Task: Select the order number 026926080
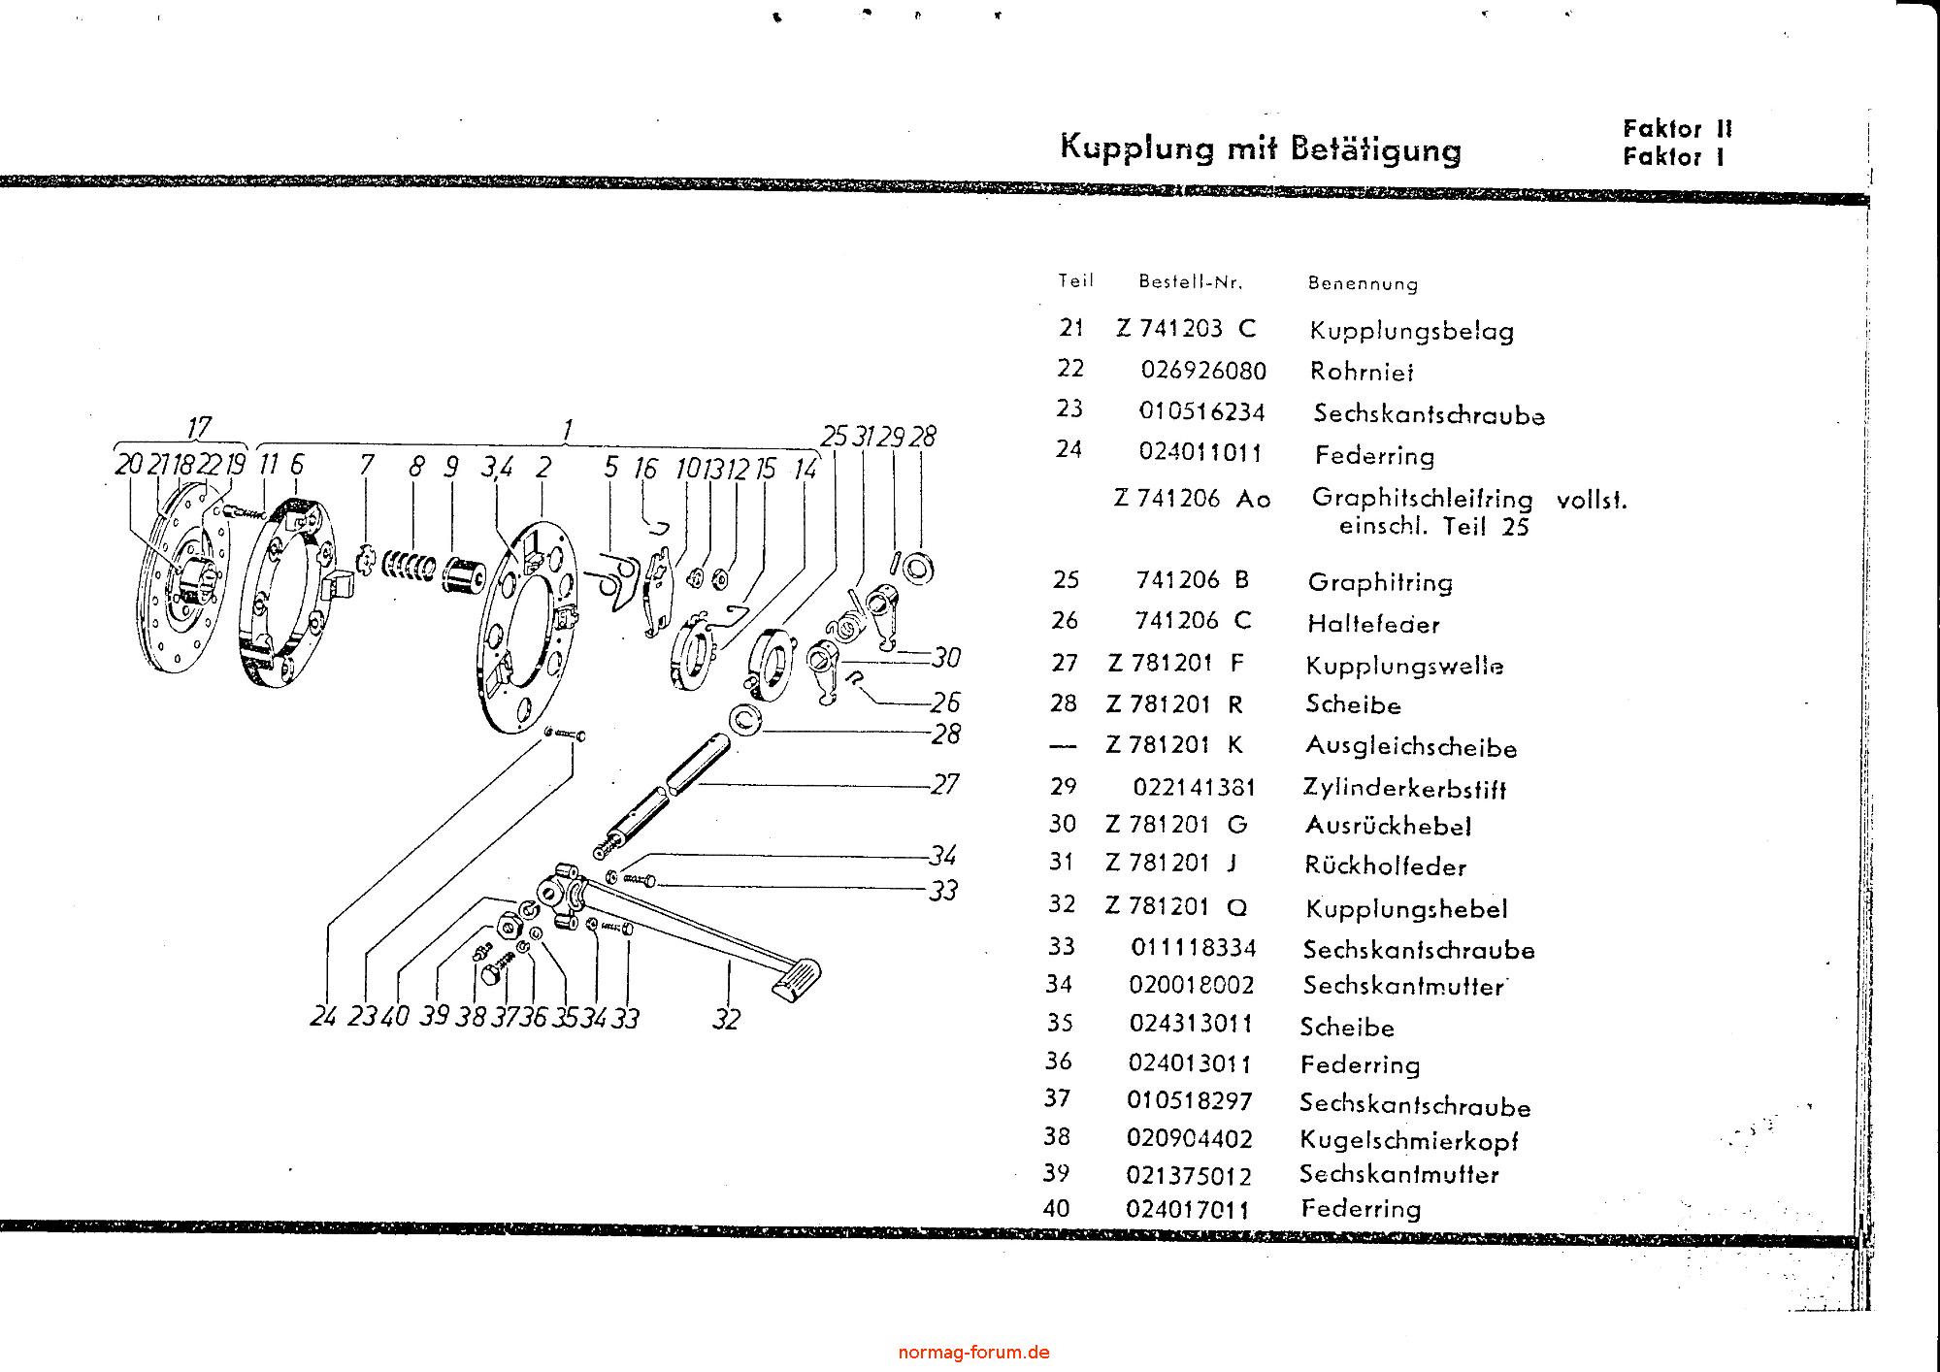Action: [1203, 372]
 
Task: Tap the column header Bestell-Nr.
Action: [1190, 282]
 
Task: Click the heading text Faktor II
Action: [1677, 129]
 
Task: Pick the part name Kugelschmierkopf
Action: [1409, 1140]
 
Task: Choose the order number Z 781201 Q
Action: [1176, 906]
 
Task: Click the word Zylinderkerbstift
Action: [1405, 788]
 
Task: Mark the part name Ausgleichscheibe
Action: [1411, 747]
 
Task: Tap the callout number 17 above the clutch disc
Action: [198, 428]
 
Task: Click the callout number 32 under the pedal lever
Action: [726, 1019]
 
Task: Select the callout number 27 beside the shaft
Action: [944, 783]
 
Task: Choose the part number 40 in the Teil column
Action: [1056, 1209]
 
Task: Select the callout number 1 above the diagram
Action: [568, 428]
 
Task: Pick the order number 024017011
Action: [1188, 1210]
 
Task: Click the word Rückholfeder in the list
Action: [1385, 866]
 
